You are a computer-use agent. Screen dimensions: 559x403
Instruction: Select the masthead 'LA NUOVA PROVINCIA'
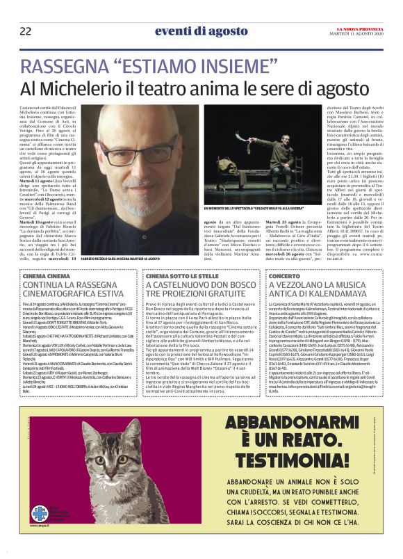[x=359, y=27]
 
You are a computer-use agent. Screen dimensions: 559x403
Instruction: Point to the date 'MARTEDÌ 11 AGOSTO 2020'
[x=359, y=33]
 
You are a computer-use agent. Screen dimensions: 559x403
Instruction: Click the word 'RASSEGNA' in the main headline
[x=65, y=67]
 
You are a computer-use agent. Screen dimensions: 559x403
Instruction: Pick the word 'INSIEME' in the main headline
[x=229, y=67]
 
